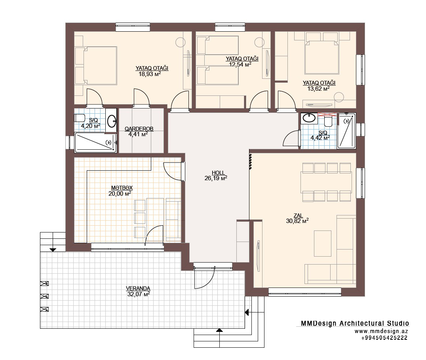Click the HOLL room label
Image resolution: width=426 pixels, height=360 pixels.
[x=218, y=173]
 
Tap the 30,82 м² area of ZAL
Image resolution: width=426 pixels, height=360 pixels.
[x=297, y=221]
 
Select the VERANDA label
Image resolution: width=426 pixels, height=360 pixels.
[x=138, y=288]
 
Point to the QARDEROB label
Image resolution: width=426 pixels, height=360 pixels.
[x=139, y=129]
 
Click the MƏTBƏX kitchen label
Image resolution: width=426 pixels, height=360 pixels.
[x=122, y=188]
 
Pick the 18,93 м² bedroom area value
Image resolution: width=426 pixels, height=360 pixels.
[x=150, y=74]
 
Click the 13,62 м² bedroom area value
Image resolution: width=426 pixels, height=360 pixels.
[x=318, y=89]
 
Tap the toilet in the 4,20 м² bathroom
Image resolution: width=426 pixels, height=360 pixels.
[x=79, y=118]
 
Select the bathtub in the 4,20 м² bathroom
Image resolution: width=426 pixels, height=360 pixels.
[x=95, y=142]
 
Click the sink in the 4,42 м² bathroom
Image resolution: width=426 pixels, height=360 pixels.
[x=309, y=118]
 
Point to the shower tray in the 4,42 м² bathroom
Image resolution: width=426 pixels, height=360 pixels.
[x=346, y=131]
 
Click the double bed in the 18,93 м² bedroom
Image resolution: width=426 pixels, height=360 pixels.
[x=96, y=66]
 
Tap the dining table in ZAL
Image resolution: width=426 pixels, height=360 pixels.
[x=326, y=182]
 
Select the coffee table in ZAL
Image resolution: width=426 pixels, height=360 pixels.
[x=323, y=244]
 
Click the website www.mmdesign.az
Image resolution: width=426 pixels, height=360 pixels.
[x=381, y=331]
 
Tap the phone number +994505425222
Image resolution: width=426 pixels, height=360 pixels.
[x=384, y=338]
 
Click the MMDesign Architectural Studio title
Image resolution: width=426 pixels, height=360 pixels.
[x=355, y=323]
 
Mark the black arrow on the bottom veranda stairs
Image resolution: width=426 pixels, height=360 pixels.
[x=219, y=330]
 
